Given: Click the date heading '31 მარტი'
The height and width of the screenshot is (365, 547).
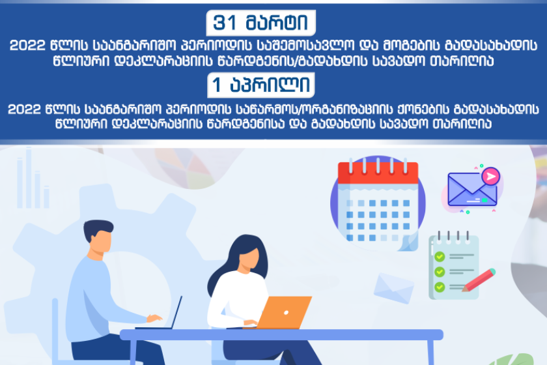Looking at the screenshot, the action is pos(260,23).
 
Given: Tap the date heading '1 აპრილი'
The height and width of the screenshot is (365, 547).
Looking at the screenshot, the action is pos(261,85).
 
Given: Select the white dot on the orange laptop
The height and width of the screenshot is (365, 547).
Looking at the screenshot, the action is pos(286,313).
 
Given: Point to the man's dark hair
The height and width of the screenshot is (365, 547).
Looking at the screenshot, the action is pos(98,229).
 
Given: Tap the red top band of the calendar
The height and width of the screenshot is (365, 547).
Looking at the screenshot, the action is pos(378,173).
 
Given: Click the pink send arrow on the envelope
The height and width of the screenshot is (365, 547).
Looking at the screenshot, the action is pos(491,177).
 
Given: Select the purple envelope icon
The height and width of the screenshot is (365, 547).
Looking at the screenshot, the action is pos(472,189).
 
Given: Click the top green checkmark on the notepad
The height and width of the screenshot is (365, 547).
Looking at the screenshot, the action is pos(440,257).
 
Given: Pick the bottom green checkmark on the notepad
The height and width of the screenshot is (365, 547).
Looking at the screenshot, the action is pos(440,287).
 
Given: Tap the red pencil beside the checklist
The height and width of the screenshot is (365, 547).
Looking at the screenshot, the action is pos(479,280).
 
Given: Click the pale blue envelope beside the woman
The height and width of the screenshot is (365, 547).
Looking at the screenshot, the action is pos(394,288).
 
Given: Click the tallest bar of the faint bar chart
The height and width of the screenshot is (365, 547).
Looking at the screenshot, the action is pos(29,178).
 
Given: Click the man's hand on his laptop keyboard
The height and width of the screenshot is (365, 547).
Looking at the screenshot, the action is pos(154,318).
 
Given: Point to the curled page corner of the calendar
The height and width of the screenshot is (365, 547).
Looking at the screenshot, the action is pos(409,242).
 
